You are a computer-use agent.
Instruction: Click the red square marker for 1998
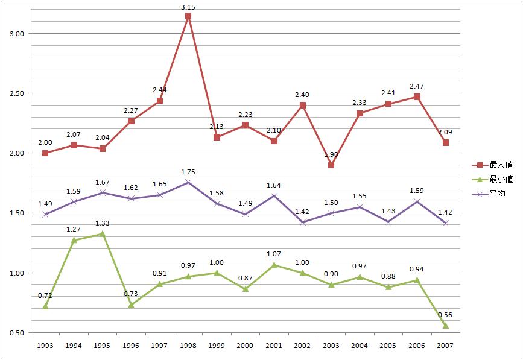coord(188,16)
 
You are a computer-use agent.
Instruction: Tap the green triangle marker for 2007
coord(446,326)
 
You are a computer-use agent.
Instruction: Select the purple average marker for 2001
coord(274,195)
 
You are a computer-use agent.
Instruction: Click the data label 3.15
coord(188,7)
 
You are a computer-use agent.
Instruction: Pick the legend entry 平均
coord(496,194)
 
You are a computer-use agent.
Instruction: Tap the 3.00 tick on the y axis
coord(16,34)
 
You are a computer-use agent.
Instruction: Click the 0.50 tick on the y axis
coord(16,333)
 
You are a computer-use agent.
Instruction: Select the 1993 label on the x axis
coord(45,345)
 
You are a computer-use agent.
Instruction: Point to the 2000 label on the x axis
coord(246,345)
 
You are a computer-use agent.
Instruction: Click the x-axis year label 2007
coord(446,345)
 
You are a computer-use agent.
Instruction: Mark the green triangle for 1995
coord(103,233)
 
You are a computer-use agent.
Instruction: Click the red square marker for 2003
coord(331,165)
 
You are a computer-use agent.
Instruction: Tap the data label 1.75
coord(188,172)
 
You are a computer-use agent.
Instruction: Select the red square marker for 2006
coord(417,97)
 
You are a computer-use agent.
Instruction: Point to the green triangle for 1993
coord(45,306)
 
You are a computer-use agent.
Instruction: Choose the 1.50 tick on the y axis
coord(16,213)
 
